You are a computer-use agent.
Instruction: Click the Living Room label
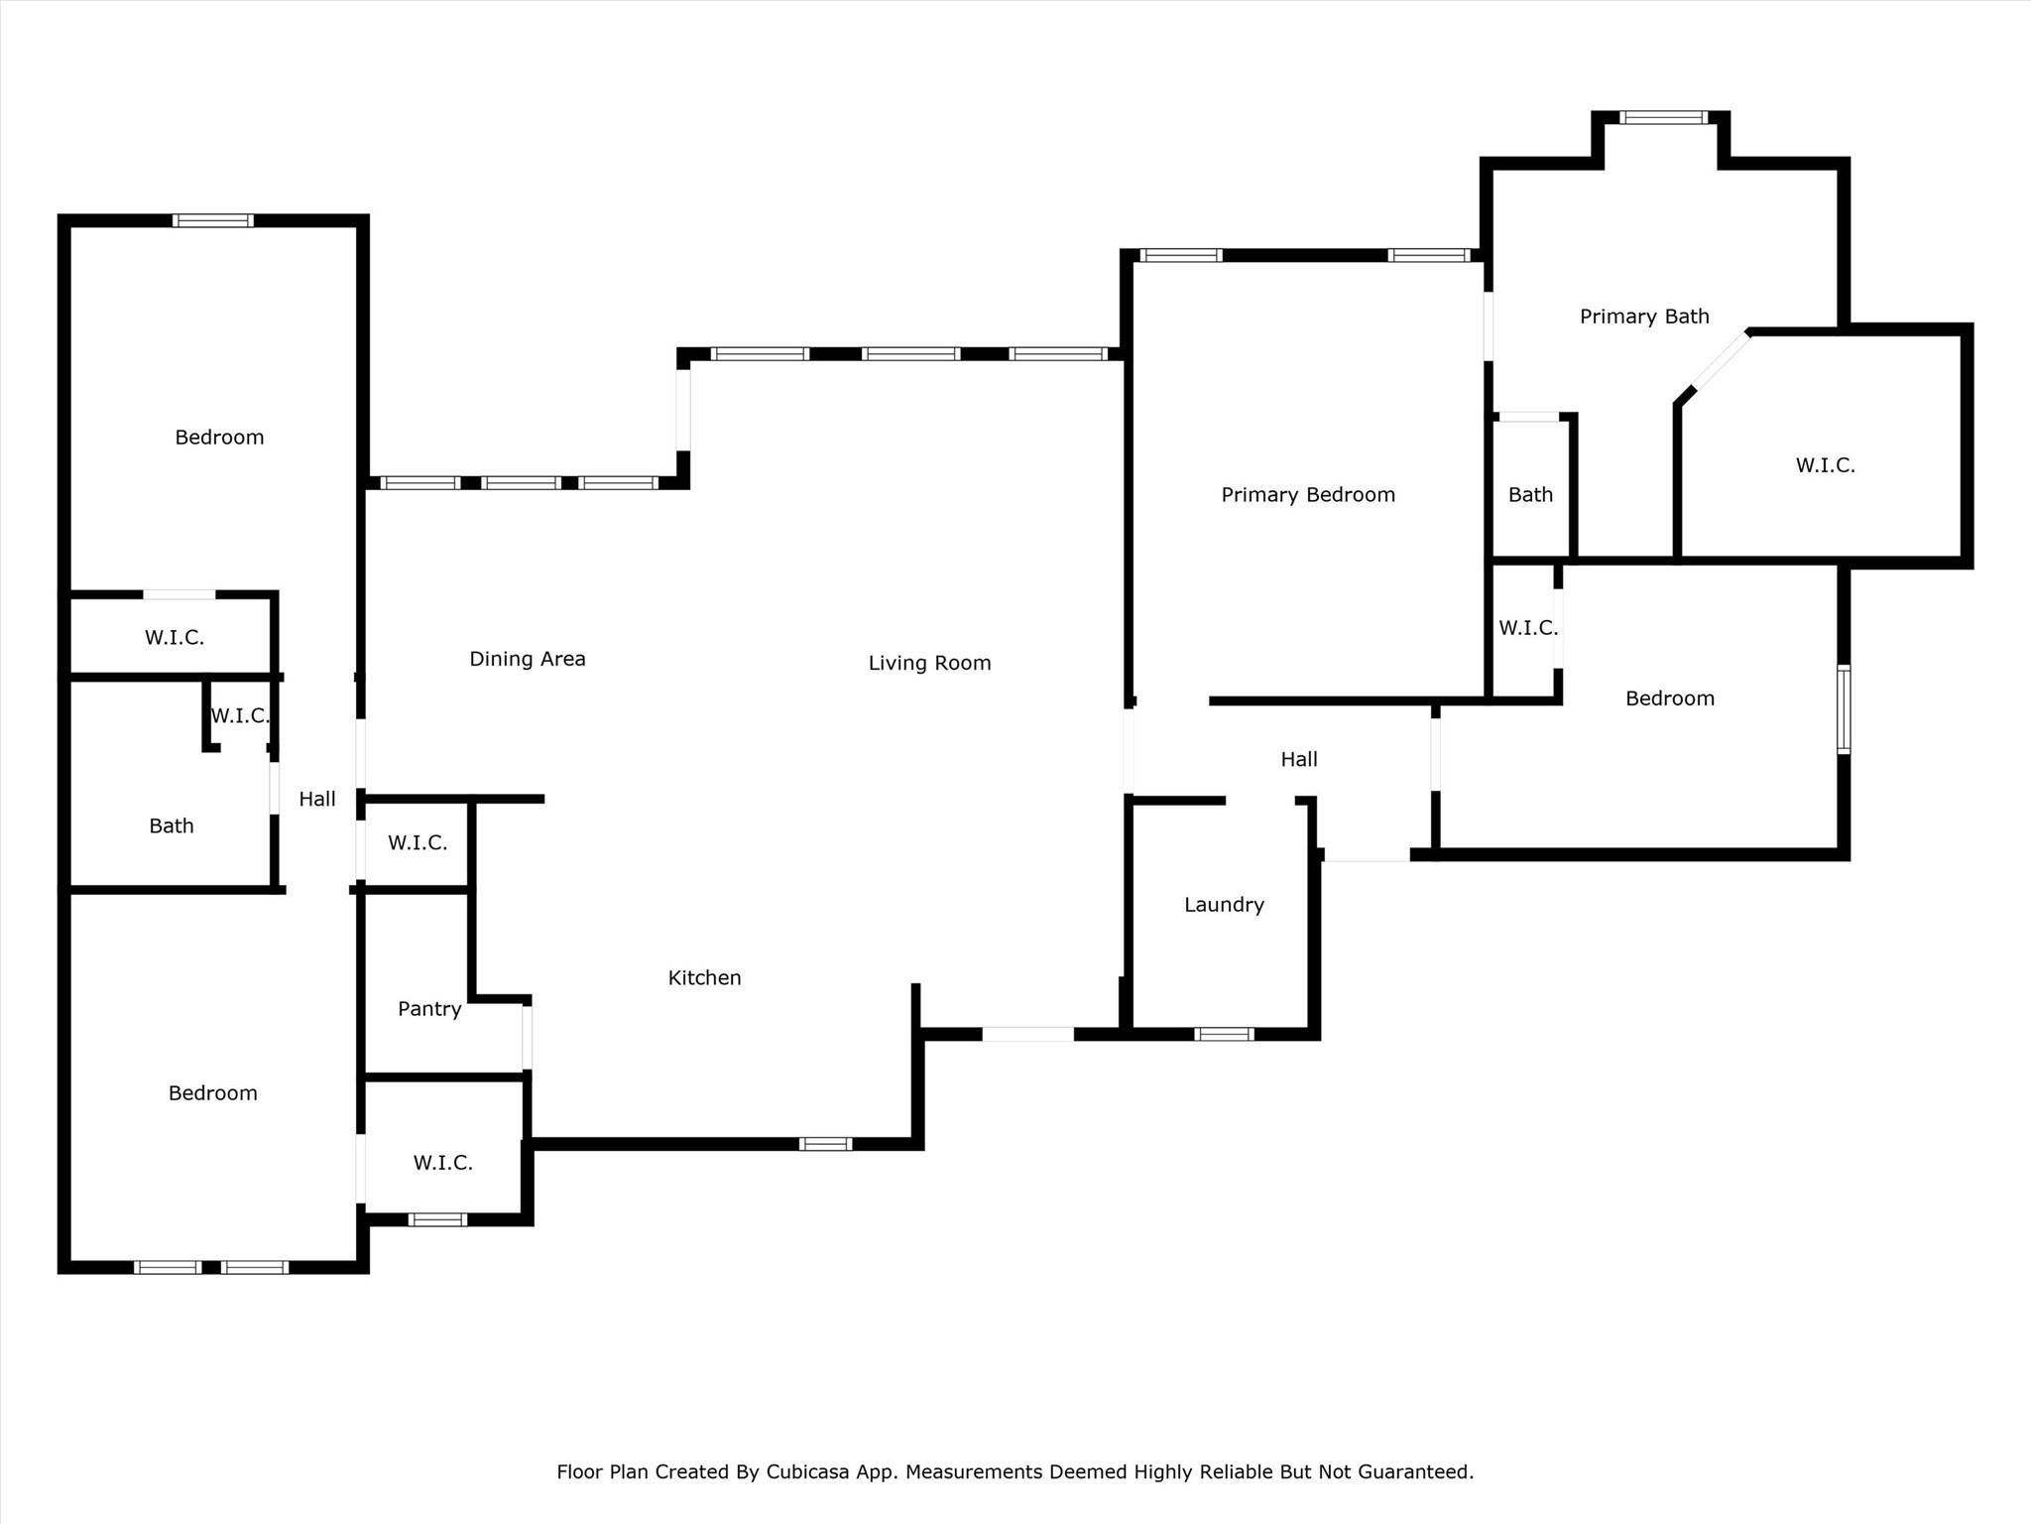(x=929, y=663)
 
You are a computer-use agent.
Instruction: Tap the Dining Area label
(x=527, y=659)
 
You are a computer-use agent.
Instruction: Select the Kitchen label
(x=704, y=977)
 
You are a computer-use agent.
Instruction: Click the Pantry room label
(x=429, y=1008)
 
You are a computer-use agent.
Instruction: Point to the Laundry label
(x=1224, y=904)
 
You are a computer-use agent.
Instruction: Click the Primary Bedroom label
(x=1307, y=494)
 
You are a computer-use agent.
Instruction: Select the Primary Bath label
(x=1643, y=317)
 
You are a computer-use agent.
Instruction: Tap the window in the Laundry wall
(x=1224, y=1034)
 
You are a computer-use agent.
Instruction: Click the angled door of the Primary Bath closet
(x=1720, y=362)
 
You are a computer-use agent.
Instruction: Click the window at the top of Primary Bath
(x=1663, y=117)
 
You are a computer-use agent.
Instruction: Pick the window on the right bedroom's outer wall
(x=1843, y=708)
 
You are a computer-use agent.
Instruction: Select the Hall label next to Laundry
(x=1298, y=759)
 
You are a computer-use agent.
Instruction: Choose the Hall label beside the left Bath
(x=317, y=799)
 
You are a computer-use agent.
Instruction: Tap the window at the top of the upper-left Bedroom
(x=212, y=220)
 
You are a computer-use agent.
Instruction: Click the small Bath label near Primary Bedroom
(x=1530, y=494)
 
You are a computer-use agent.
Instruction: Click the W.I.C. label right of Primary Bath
(x=1825, y=464)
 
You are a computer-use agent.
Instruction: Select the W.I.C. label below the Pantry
(x=442, y=1162)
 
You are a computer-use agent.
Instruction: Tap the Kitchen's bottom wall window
(x=825, y=1144)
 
